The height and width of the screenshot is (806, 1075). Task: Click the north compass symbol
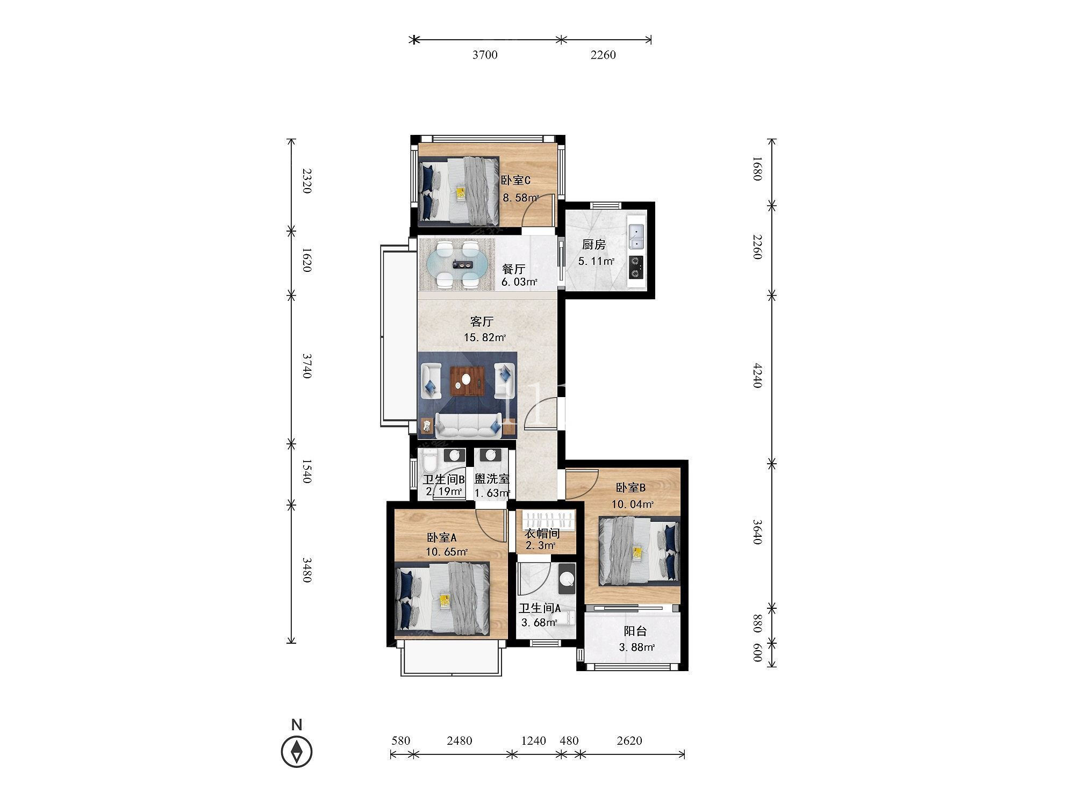coord(297,751)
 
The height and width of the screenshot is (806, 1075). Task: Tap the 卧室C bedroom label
coord(515,181)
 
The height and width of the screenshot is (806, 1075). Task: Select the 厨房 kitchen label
coord(593,245)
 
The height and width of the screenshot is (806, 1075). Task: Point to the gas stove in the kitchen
coord(636,267)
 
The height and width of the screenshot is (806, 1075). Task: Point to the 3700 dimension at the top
coord(485,55)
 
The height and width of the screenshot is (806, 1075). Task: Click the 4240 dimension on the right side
coord(757,376)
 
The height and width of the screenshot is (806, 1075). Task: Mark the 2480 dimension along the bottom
coord(459,741)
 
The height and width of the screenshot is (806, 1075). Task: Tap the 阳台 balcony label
coord(635,631)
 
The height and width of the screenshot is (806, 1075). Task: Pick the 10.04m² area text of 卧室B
coord(633,505)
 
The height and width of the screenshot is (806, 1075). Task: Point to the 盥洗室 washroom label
coord(491,479)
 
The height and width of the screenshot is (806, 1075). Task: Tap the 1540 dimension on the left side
coord(306,471)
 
